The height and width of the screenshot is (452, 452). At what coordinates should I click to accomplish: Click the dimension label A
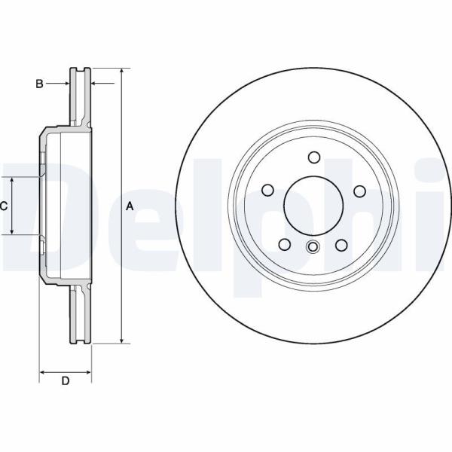pos(129,206)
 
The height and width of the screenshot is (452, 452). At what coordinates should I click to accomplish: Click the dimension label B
pos(40,84)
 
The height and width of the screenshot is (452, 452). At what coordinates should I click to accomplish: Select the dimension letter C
pos(4,206)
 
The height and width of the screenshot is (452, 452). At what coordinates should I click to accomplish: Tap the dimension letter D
pos(65,381)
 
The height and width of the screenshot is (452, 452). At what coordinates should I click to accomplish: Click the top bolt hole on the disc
pos(314,157)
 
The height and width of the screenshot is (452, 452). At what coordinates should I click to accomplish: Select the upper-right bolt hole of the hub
pos(359,191)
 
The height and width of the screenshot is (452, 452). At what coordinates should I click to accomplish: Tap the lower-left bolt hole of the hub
pos(286,244)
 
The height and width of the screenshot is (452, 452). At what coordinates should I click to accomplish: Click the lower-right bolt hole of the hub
pos(341,244)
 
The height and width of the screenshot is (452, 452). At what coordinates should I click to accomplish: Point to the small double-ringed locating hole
pos(313,246)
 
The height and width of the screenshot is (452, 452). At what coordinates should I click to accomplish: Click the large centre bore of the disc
pos(313,206)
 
